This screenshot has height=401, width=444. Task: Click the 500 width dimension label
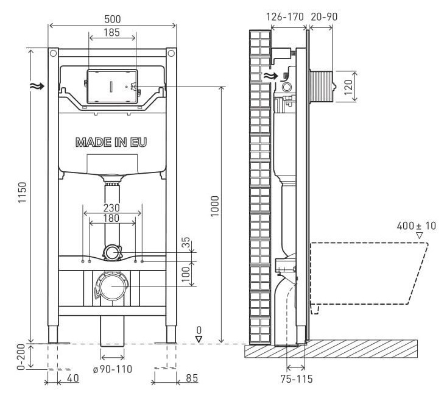coord(113,19)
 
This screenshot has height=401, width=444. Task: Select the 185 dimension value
coord(112,32)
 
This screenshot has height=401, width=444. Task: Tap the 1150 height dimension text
coord(22,192)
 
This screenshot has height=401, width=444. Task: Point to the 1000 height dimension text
coord(214,206)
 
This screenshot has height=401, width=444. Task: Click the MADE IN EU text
coord(111,142)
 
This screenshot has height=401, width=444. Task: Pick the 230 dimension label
coord(111,208)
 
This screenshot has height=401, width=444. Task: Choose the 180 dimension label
coord(111,218)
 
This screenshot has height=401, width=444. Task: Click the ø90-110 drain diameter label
coord(113,369)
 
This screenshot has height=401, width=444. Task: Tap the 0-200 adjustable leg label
coord(21,358)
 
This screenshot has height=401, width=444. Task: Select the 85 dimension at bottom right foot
coord(192,378)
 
